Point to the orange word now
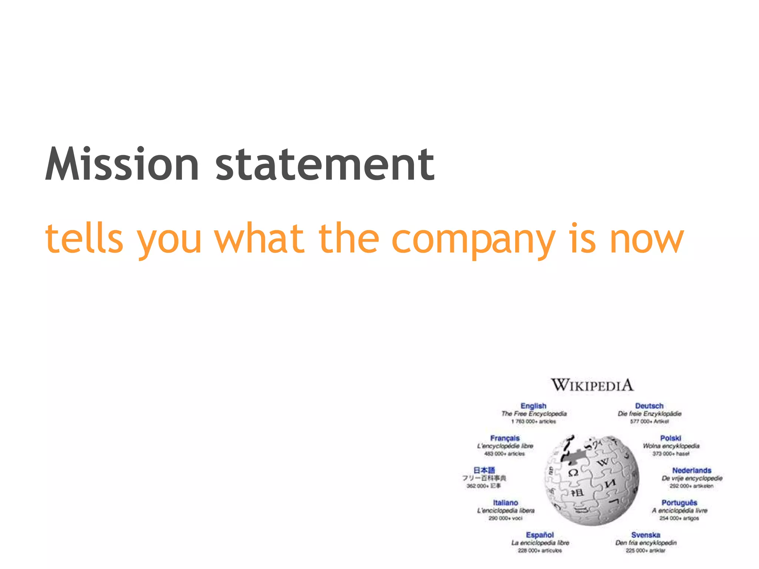(647, 239)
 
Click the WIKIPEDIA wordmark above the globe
(592, 385)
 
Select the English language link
(533, 406)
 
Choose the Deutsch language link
(649, 406)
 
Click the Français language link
(505, 438)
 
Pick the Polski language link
(670, 438)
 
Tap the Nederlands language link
(692, 470)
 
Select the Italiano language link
(505, 503)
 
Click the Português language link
(679, 503)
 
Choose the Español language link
(540, 535)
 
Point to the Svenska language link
(646, 535)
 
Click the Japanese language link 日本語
(484, 470)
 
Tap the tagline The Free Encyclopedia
(534, 414)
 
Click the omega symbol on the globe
(573, 473)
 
